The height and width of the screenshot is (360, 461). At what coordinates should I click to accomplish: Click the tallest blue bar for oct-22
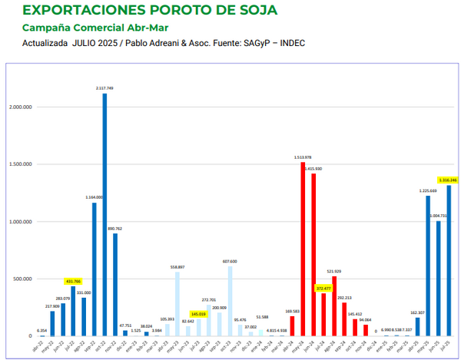coord(104,215)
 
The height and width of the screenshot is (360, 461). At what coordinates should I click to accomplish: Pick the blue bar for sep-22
coord(95,269)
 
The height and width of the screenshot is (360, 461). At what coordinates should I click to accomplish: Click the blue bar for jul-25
coord(449,261)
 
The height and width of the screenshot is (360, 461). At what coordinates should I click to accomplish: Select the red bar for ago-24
coord(334,306)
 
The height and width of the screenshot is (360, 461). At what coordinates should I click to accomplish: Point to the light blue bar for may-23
coord(177,305)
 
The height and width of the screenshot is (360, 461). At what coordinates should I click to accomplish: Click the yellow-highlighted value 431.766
coord(73,282)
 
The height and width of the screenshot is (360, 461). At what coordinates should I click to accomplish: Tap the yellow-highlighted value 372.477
coord(323,289)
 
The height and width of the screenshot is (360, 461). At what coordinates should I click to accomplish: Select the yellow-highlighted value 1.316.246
coord(448,180)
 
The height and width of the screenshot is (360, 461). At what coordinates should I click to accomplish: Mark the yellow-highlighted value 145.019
coord(198,313)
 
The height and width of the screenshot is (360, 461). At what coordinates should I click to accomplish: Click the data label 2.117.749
coord(104,88)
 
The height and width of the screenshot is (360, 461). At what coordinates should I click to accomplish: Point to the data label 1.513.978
coord(303,157)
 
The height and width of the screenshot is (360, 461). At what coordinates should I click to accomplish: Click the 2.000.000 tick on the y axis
coord(22,107)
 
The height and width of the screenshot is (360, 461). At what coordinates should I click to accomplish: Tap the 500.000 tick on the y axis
coord(24,279)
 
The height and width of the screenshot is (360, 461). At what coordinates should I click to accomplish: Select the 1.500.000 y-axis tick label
coord(22,164)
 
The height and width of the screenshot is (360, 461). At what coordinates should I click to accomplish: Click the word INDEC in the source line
coord(292,43)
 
